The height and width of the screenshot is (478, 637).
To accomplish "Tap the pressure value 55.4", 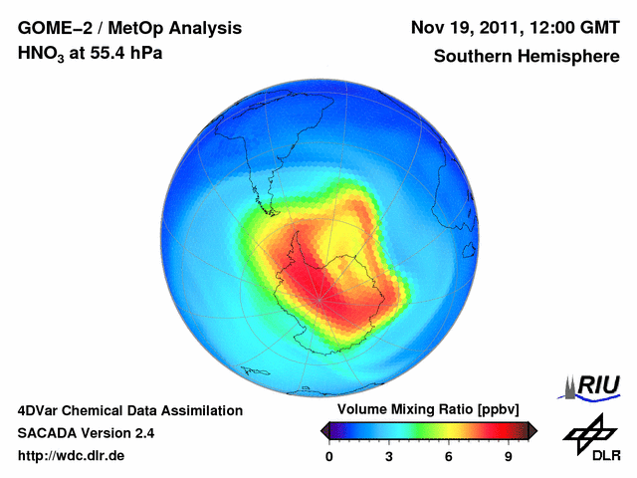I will click(109, 54).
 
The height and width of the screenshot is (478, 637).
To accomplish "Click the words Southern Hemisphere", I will click(527, 56).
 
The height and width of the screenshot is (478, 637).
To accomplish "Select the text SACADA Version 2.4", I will click(86, 433).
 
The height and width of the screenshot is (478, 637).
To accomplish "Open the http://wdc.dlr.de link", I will click(72, 456).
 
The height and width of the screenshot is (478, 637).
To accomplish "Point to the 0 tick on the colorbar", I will click(329, 456).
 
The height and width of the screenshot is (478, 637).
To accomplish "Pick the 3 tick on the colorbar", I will click(389, 456).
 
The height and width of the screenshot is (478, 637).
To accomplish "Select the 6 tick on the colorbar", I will click(449, 456).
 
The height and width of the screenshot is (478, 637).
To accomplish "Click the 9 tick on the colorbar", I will click(508, 456).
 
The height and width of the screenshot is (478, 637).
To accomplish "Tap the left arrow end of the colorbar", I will click(324, 430).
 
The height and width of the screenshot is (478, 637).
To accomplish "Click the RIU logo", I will click(593, 386).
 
